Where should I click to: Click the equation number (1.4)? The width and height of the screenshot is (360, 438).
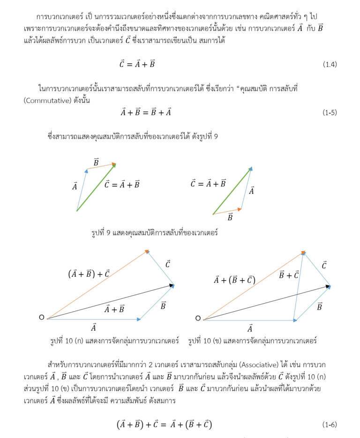330,65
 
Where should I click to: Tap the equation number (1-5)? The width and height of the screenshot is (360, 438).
330,112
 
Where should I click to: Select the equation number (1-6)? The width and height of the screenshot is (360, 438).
330,425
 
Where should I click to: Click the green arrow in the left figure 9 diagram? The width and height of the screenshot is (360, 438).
96,187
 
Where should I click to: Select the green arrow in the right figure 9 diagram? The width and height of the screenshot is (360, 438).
232,191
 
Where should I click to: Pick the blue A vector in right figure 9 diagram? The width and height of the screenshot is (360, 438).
247,188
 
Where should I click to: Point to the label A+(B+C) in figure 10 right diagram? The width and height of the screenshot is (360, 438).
234,280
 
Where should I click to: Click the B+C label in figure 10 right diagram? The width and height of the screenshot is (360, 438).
289,275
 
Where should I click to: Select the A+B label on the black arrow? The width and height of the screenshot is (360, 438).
114,309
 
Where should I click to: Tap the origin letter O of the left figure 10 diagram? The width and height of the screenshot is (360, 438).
42,318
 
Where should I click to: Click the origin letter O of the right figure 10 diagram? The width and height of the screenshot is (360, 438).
198,319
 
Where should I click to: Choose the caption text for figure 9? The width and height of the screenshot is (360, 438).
155,232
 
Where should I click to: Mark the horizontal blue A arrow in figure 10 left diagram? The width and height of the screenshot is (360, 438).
94,319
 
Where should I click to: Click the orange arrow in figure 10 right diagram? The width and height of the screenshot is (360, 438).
253,286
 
